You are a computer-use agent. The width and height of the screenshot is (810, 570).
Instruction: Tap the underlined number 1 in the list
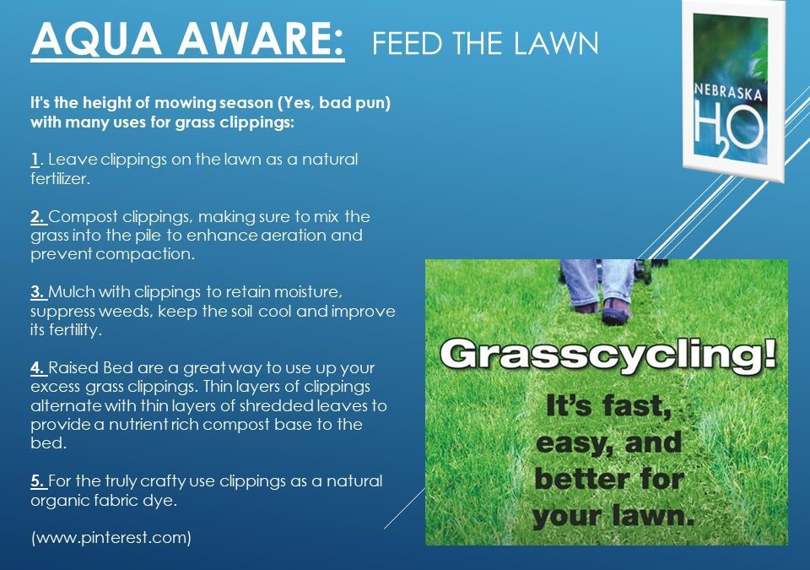pyautogui.click(x=35, y=159)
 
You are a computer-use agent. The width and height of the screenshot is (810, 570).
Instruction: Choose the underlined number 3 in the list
pyautogui.click(x=38, y=292)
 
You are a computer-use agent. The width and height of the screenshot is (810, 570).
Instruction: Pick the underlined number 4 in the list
pyautogui.click(x=38, y=368)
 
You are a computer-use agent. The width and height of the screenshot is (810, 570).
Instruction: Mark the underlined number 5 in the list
pyautogui.click(x=38, y=481)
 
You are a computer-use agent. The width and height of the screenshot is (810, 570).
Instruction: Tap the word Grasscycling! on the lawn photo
pyautogui.click(x=607, y=352)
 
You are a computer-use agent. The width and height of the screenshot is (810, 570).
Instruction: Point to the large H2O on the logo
pyautogui.click(x=728, y=126)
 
